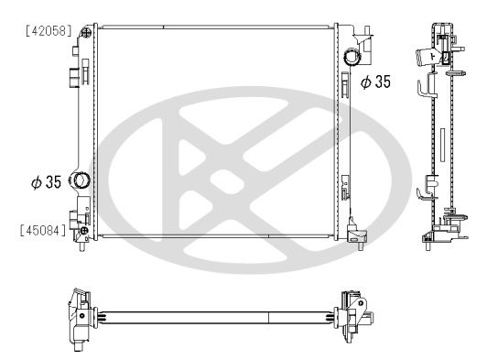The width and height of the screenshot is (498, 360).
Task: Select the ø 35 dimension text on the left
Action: (46, 181)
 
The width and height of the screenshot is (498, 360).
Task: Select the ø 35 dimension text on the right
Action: (374, 82)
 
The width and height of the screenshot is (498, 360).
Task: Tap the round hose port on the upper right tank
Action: (352, 58)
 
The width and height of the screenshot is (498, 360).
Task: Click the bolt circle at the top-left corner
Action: (86, 32)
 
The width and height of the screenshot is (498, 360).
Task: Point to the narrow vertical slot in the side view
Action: (440, 147)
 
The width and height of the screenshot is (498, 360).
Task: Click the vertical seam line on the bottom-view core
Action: (268, 317)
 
